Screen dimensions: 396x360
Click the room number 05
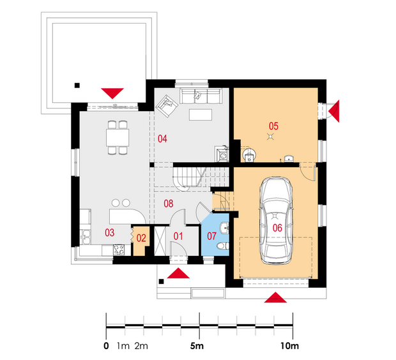click(x=273, y=126)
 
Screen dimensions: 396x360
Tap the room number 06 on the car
click(x=277, y=228)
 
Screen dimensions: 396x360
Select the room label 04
click(x=162, y=139)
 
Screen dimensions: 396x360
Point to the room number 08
click(x=169, y=203)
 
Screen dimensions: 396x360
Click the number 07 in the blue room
click(x=211, y=236)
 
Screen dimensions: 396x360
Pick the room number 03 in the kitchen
click(x=110, y=232)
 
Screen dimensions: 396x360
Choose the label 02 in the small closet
click(x=141, y=238)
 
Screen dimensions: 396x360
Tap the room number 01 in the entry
click(x=178, y=236)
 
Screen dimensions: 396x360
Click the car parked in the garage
click(x=276, y=220)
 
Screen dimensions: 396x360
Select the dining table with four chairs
click(x=118, y=138)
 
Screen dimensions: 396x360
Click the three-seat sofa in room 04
click(x=201, y=96)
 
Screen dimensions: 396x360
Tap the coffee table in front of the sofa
click(x=201, y=115)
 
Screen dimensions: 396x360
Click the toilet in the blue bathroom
click(x=224, y=246)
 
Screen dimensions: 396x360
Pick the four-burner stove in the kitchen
click(x=119, y=250)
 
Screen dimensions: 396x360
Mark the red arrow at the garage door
click(x=275, y=297)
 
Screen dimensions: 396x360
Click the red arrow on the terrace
click(x=112, y=93)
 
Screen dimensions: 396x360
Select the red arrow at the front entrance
click(x=178, y=273)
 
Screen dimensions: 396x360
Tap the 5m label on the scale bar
click(x=197, y=346)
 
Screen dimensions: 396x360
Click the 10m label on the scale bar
click(x=290, y=346)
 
